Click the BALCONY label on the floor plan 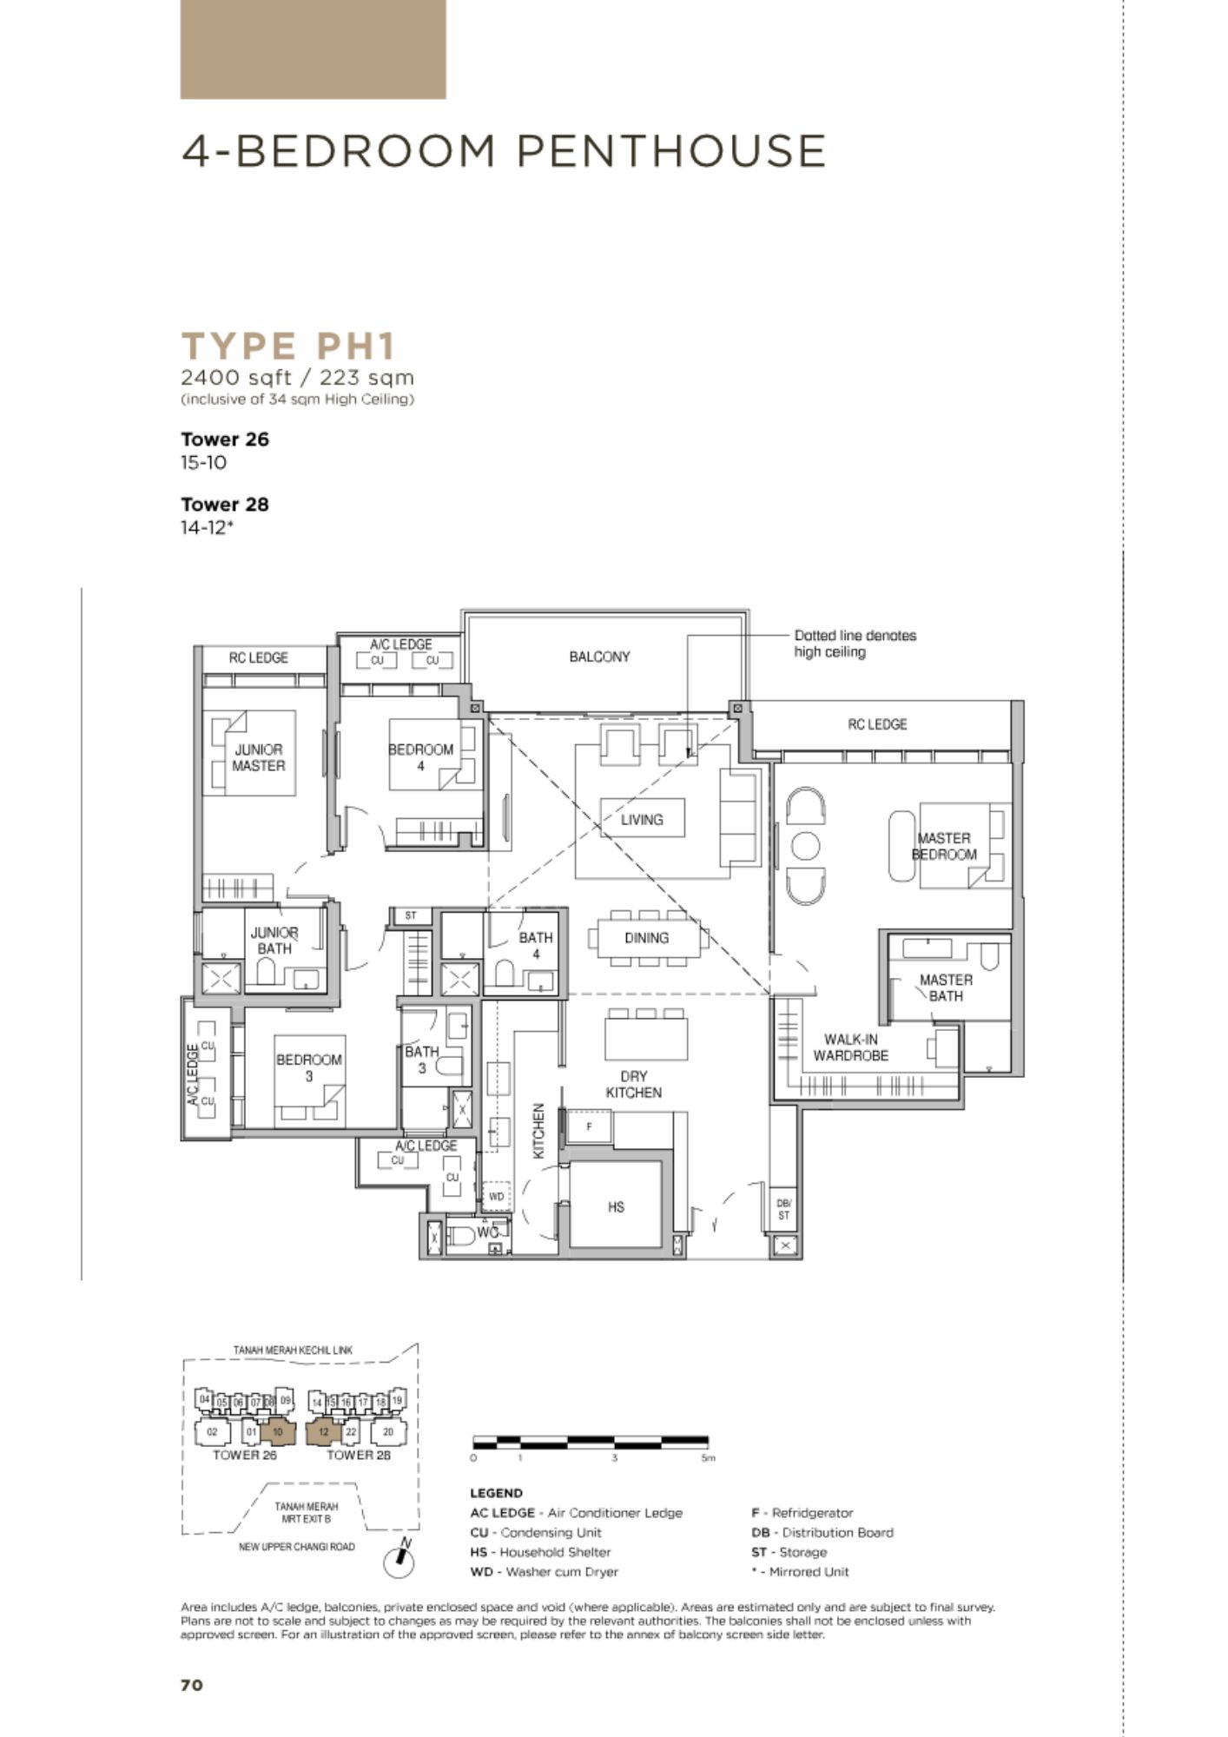click(599, 657)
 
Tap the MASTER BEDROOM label click(944, 846)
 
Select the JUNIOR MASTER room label click(259, 757)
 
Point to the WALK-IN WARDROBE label click(851, 1047)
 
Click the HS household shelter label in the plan click(616, 1206)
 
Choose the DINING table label click(646, 938)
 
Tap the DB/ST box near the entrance click(783, 1209)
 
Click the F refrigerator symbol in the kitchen click(589, 1127)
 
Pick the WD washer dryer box click(496, 1197)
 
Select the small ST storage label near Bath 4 click(411, 915)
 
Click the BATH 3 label click(422, 1060)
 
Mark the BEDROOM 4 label click(420, 757)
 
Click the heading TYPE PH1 click(288, 347)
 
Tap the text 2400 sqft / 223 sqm click(297, 378)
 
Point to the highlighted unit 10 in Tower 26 click(278, 1432)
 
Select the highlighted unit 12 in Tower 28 click(323, 1432)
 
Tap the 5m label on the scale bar click(709, 1458)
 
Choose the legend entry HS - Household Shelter click(540, 1552)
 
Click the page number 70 click(192, 1685)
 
